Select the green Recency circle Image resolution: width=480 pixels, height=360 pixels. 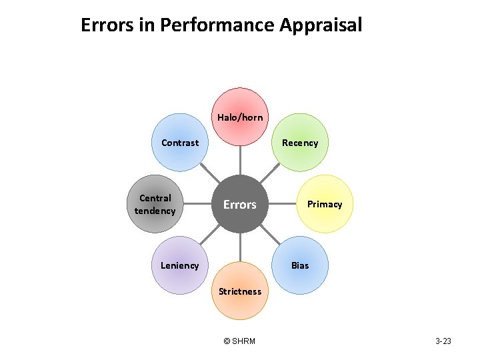coord(300,142)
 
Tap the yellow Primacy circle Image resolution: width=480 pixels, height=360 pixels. coord(324,204)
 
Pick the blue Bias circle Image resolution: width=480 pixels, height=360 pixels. coord(300,265)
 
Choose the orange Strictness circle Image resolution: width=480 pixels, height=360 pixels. coord(240,291)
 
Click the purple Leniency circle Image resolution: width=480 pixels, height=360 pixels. coord(180,265)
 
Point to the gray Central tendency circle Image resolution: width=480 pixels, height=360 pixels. coord(155,204)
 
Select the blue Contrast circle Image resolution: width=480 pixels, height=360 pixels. coord(180,142)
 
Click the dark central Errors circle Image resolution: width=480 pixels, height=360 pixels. coord(240,204)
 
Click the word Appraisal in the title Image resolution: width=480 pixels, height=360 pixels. coord(321,25)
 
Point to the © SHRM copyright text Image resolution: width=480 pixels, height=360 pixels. coord(239,341)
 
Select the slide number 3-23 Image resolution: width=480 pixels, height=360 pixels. coord(443,341)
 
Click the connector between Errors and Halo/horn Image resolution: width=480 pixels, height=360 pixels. coord(240,161)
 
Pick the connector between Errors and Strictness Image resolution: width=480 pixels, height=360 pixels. coord(240,247)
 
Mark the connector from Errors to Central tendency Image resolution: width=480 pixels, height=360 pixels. coord(197,204)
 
